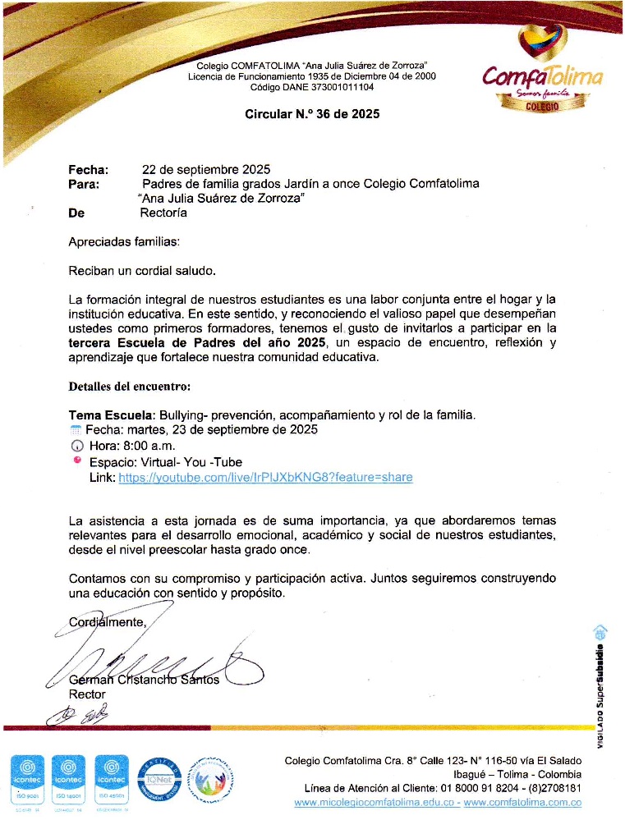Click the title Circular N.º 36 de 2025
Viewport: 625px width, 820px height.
click(312, 115)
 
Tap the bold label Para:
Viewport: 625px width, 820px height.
click(84, 185)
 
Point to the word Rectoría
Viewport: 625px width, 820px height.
click(163, 213)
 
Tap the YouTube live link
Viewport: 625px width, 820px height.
click(265, 477)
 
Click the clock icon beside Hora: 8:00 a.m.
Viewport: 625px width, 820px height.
click(78, 446)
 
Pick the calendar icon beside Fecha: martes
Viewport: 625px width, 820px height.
click(76, 430)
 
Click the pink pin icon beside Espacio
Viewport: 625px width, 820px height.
click(77, 460)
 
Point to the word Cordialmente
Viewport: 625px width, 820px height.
click(107, 622)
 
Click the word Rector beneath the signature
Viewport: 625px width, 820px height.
click(87, 694)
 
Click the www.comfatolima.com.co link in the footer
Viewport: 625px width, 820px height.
click(525, 802)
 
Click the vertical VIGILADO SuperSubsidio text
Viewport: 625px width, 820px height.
click(600, 681)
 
